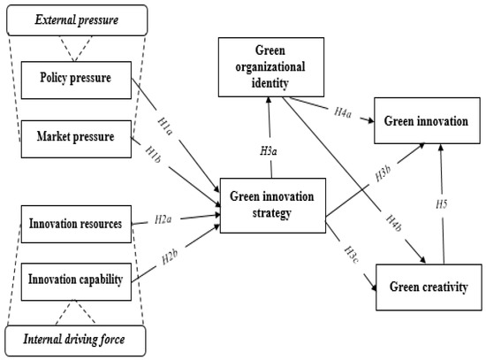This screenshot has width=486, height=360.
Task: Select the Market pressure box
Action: [x=77, y=136]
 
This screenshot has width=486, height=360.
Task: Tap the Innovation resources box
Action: [x=77, y=222]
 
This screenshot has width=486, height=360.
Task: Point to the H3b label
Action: [x=358, y=172]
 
